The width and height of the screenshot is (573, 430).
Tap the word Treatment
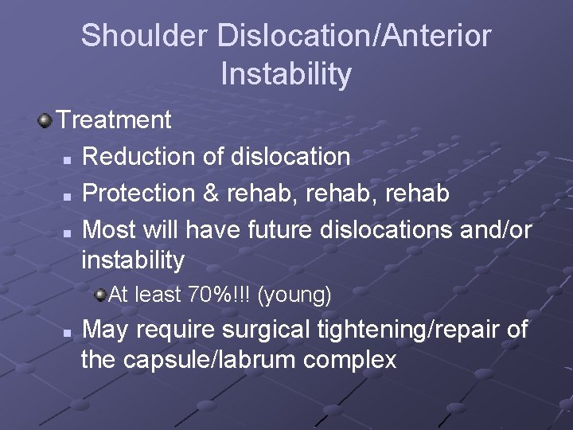pyautogui.click(x=114, y=120)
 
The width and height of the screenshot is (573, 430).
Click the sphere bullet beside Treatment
pyautogui.click(x=45, y=120)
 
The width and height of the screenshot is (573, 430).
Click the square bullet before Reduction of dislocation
pyautogui.click(x=68, y=158)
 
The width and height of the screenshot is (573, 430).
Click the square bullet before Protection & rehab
pyautogui.click(x=68, y=195)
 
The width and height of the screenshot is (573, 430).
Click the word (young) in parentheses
pyautogui.click(x=295, y=295)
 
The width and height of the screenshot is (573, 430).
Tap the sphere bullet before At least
pyautogui.click(x=99, y=295)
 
